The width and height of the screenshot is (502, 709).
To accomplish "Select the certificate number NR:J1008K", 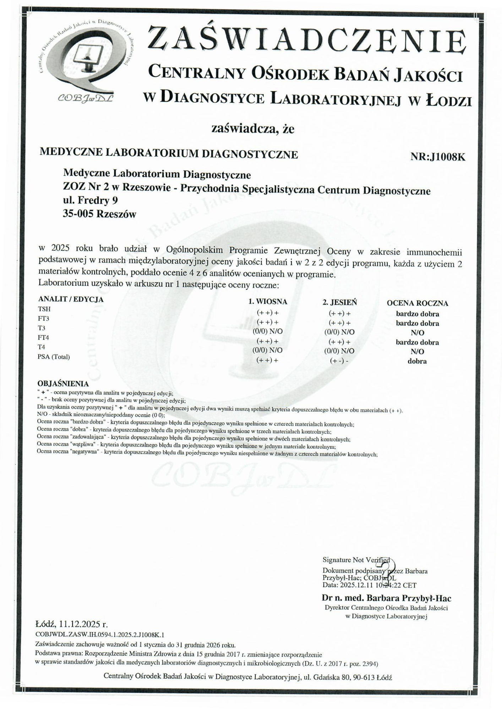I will tap(437, 157).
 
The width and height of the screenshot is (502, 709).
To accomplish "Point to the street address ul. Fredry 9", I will tap(91, 201).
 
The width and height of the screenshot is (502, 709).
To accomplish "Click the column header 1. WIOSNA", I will tap(267, 302).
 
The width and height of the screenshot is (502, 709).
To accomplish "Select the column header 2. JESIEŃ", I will tap(339, 302).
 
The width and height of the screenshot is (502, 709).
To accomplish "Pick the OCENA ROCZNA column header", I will tap(417, 303).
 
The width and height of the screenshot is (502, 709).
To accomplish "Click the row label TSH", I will tap(44, 309).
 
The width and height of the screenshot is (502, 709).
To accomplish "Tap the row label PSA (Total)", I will tap(54, 357).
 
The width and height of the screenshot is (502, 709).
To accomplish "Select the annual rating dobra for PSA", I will tap(417, 362).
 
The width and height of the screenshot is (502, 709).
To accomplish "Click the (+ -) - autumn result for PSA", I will tap(339, 361).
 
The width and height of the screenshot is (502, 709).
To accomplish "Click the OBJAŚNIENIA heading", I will tap(63, 384).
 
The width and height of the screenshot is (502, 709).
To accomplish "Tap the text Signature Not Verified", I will tap(356, 560).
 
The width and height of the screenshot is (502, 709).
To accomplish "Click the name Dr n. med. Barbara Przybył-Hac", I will tap(386, 598).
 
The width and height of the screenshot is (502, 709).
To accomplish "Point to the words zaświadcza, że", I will tap(253, 129).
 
